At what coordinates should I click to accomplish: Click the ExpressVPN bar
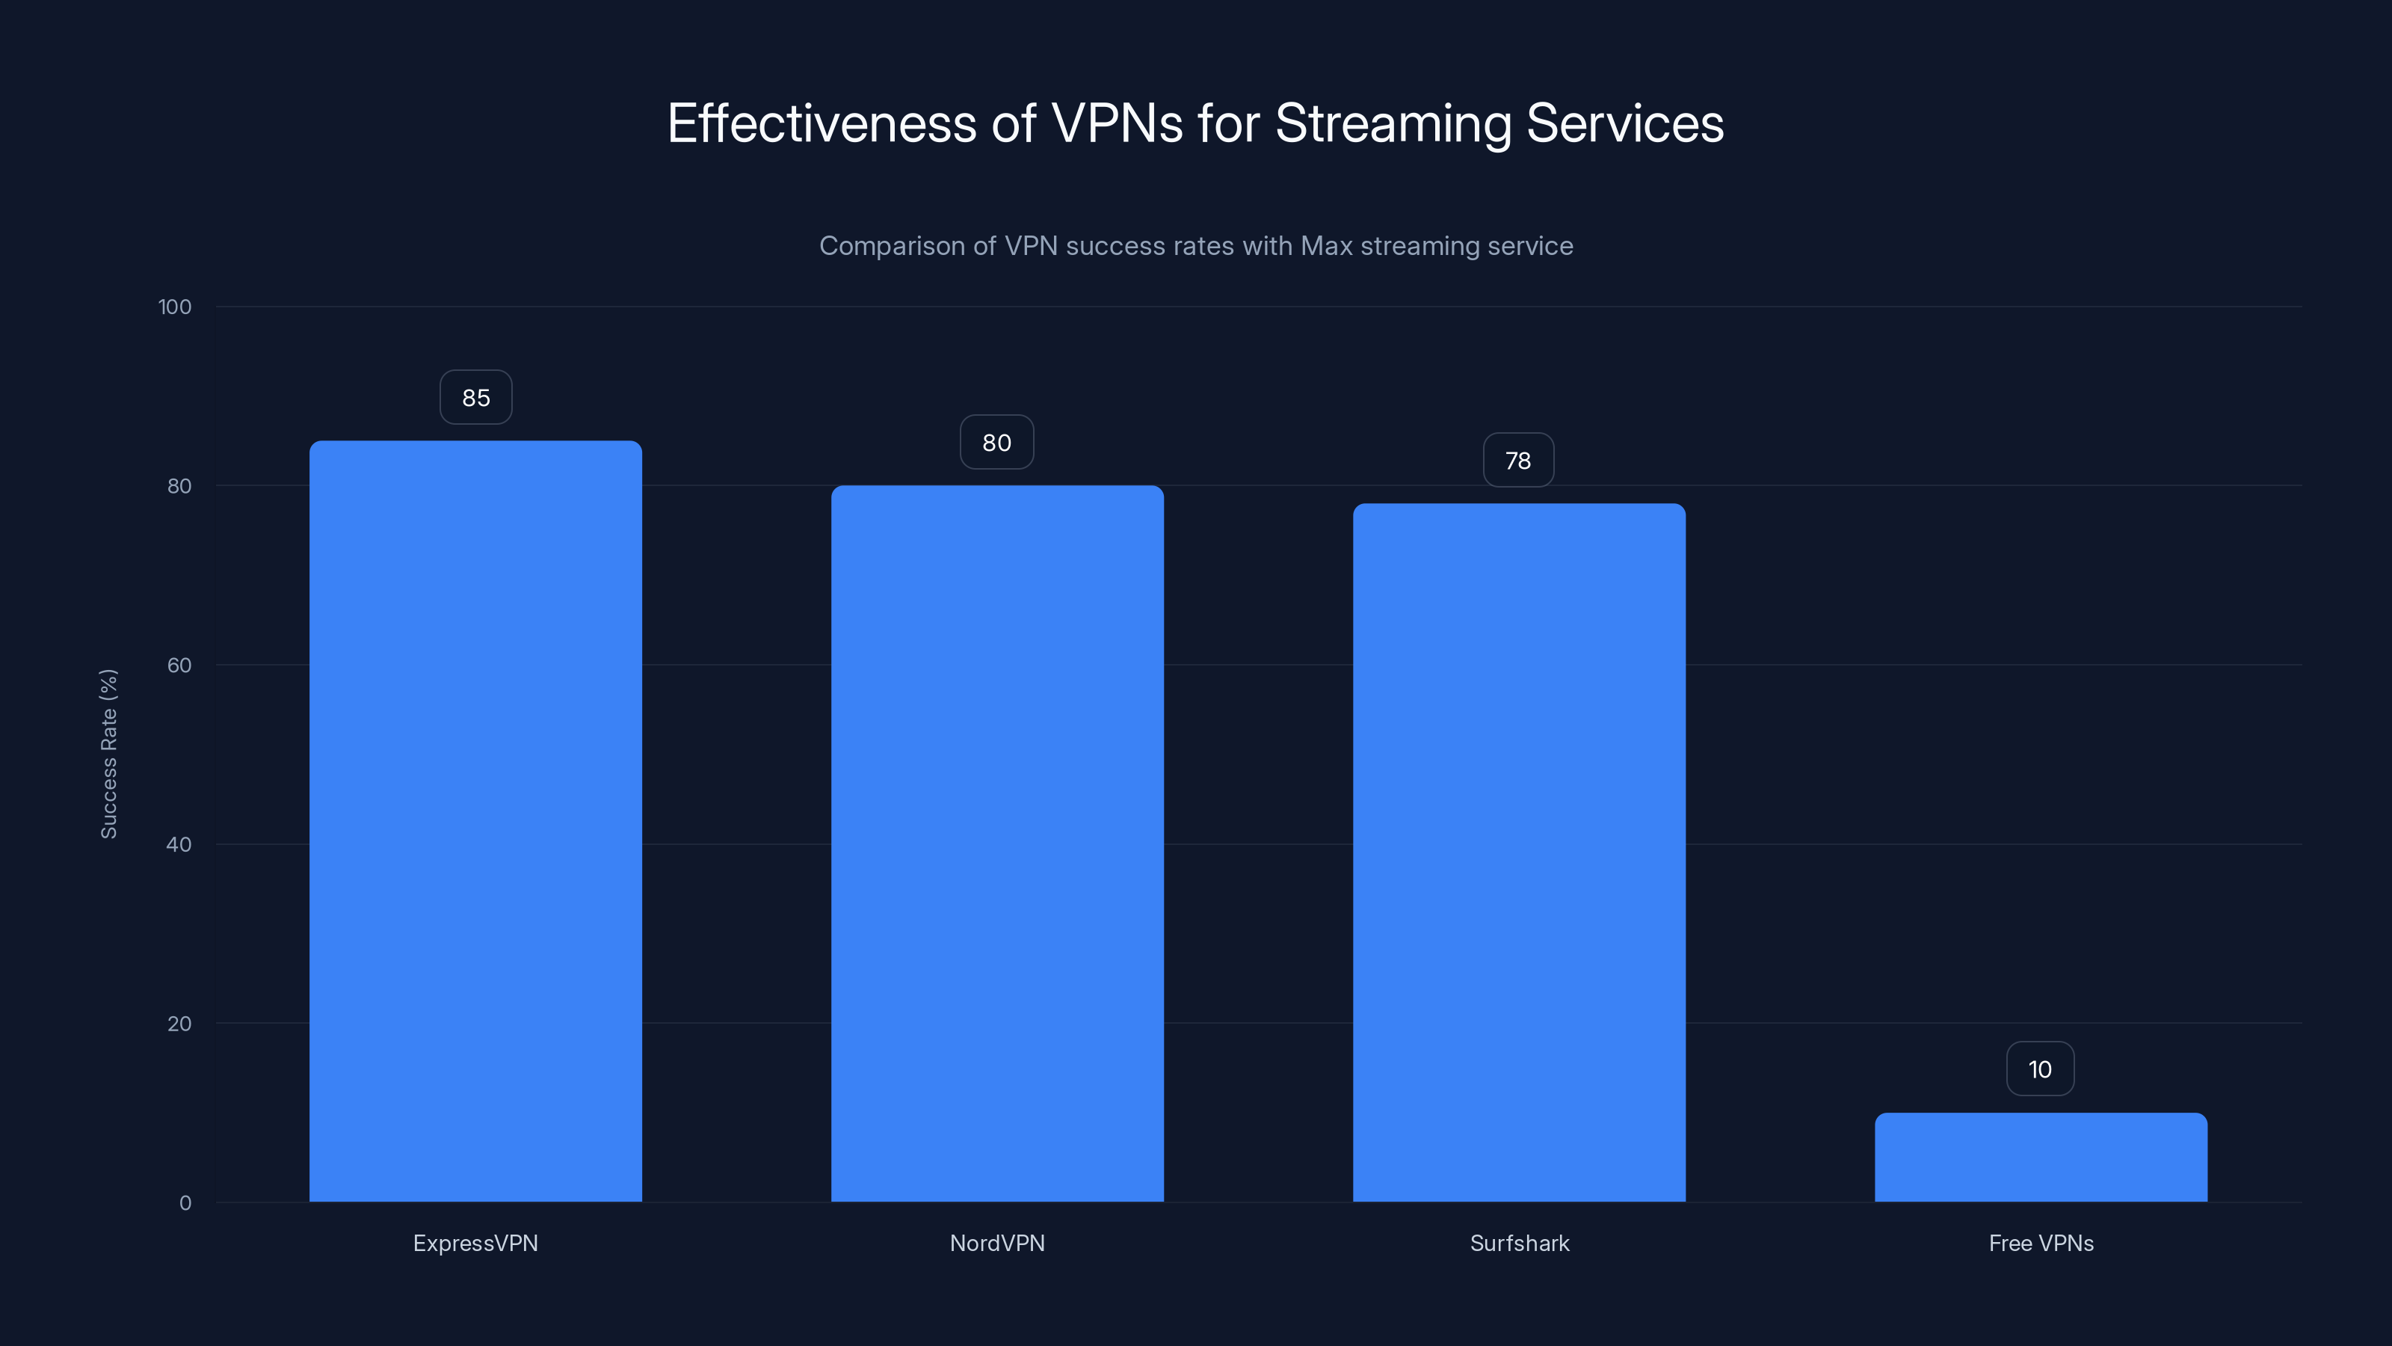coord(475,821)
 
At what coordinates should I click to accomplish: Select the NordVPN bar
coord(997,843)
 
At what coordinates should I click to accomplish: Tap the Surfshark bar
coord(1519,852)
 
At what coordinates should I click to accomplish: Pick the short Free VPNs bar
coord(2041,1158)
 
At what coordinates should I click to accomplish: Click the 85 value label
coord(475,398)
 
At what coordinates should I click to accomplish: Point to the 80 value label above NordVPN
coord(996,442)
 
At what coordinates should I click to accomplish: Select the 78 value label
coord(1518,460)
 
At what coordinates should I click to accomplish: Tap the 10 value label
coord(2040,1069)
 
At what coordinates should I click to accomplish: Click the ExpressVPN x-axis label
coord(475,1243)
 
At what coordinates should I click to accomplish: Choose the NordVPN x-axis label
coord(997,1243)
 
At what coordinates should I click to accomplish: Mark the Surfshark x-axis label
coord(1519,1243)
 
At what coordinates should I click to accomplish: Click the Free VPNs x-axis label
coord(2041,1243)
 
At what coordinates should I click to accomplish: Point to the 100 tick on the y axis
coord(175,307)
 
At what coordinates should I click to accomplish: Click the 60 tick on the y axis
coord(179,665)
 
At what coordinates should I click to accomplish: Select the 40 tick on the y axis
coord(179,844)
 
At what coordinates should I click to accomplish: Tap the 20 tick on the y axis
coord(179,1024)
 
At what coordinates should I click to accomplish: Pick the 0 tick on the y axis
coord(185,1203)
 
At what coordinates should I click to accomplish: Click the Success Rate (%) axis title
coord(108,753)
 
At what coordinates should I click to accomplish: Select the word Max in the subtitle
coord(1326,246)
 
